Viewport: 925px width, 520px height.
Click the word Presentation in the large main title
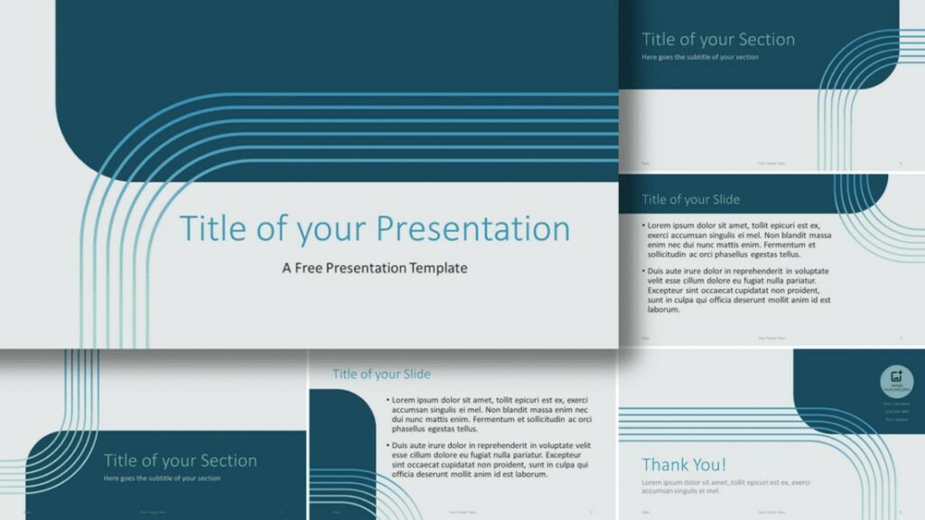[472, 228]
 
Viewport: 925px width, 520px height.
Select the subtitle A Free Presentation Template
[375, 268]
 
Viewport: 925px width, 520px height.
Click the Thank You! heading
[684, 465]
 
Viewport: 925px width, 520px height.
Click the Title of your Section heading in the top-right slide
[718, 40]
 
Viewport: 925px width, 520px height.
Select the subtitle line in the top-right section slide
[700, 57]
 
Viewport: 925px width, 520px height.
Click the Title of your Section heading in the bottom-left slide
[180, 460]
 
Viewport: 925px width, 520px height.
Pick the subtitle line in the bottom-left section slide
[162, 478]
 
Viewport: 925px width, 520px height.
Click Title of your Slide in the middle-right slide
[690, 200]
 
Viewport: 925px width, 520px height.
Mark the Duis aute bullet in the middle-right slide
[736, 290]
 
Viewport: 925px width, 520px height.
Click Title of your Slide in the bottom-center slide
[381, 374]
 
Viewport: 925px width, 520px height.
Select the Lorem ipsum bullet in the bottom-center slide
[489, 413]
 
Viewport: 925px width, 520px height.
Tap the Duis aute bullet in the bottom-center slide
[489, 460]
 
